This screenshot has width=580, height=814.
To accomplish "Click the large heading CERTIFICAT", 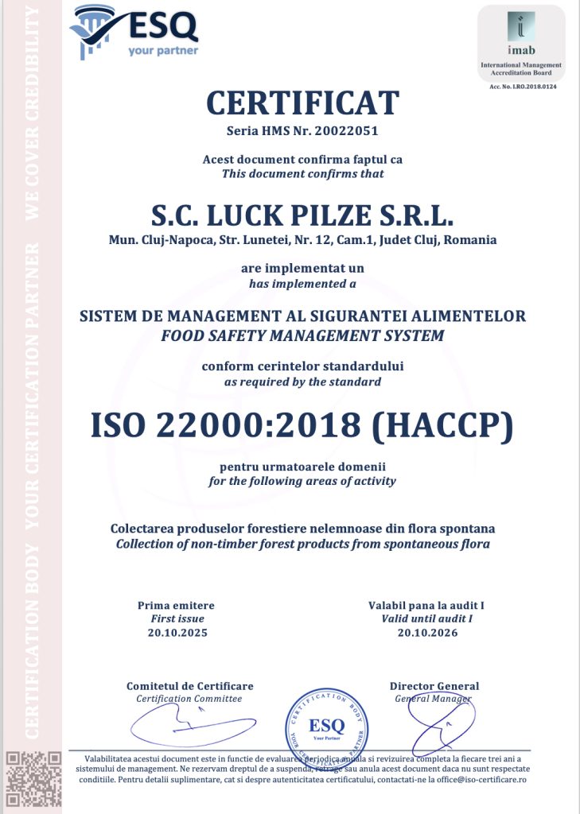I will coord(302,103).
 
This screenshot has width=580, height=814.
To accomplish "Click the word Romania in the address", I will coord(473,239).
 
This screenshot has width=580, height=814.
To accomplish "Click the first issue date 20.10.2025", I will coord(177,633).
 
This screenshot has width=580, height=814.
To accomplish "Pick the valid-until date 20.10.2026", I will coord(427,633).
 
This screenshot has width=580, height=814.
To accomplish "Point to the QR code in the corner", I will coord(34,781).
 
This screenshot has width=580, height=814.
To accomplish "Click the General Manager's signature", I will coord(434,719).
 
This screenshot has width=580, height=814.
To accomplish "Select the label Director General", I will coord(434,686).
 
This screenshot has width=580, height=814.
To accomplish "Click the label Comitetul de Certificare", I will coord(189,686).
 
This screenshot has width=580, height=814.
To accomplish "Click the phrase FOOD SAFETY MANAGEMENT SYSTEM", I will coord(302,335).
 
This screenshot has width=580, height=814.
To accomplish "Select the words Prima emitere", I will coord(176,606).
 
